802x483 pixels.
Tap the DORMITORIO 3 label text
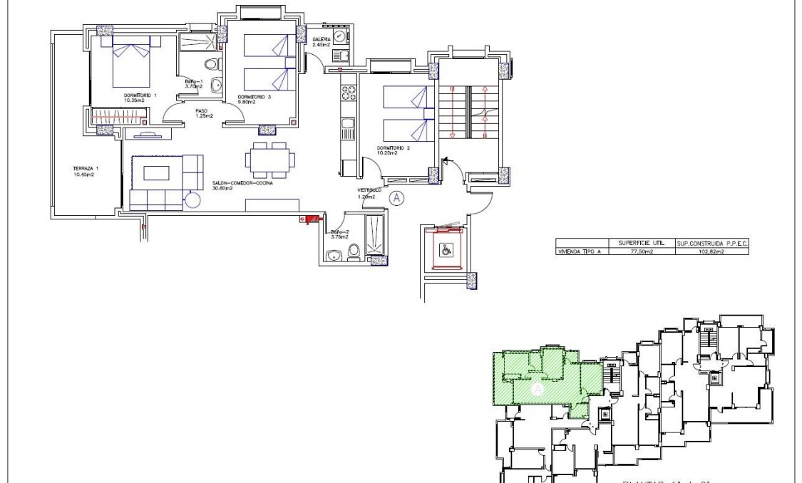pyautogui.click(x=255, y=96)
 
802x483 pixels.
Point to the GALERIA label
pyautogui.click(x=322, y=39)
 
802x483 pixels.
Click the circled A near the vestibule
pyautogui.click(x=397, y=199)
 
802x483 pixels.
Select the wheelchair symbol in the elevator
pyautogui.click(x=446, y=251)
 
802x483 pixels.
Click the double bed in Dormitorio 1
pyautogui.click(x=130, y=63)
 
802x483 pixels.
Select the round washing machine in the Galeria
pyautogui.click(x=340, y=36)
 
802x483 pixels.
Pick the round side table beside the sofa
pyautogui.click(x=192, y=201)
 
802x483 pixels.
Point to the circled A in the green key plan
pyautogui.click(x=538, y=390)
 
